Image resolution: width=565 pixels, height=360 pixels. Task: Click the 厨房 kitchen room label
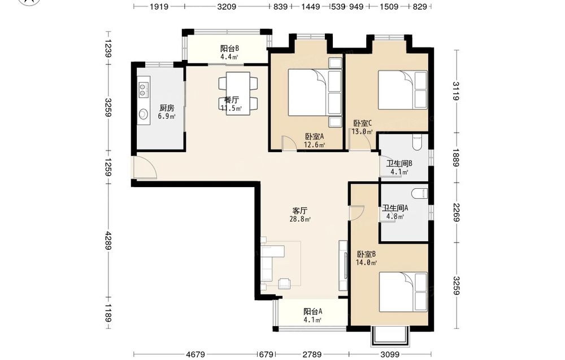click(167, 108)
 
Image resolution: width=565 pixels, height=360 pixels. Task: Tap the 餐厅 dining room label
click(231, 99)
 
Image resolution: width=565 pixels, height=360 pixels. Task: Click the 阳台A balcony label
click(312, 311)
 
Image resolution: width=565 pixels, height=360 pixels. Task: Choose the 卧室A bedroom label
click(315, 137)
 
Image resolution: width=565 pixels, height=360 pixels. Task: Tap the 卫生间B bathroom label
click(399, 163)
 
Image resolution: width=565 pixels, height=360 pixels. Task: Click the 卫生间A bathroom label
click(395, 208)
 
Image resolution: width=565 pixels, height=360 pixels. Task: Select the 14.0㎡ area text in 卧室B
click(366, 263)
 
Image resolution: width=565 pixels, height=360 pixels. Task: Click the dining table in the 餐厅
click(238, 94)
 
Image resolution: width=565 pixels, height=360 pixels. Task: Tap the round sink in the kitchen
click(144, 114)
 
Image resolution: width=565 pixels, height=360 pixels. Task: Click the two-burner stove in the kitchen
click(143, 90)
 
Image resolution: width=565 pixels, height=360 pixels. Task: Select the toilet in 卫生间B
click(418, 142)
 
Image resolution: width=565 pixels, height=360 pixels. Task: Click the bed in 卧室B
click(403, 292)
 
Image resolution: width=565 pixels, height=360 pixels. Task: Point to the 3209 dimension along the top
click(227, 6)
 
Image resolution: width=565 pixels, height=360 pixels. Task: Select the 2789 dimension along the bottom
click(312, 354)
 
